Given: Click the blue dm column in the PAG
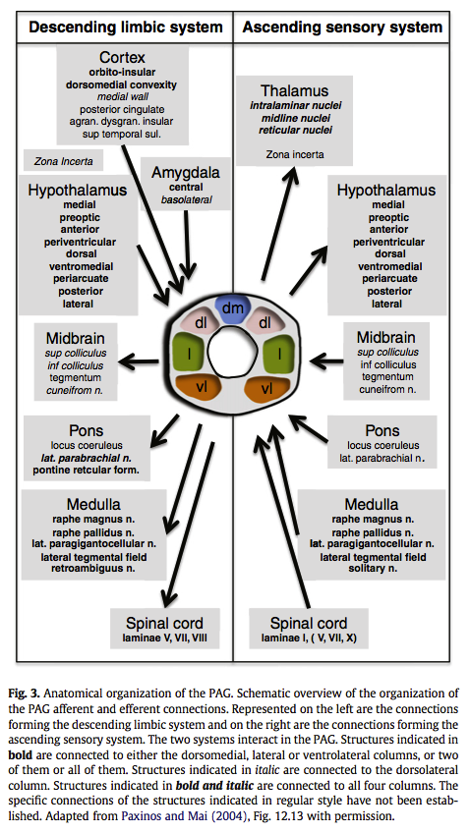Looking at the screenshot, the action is coord(231,309).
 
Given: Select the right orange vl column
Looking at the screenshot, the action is coord(268,388).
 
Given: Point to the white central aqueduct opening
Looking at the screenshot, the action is coord(232,352).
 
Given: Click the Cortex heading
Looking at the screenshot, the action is coord(122,57).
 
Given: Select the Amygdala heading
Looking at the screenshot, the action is coord(186,173).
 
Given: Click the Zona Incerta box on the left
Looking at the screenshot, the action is coord(63,160).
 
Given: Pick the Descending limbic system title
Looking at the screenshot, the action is coord(126,28).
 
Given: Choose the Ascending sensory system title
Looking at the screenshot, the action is coord(342,27).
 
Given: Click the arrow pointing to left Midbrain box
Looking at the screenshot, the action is coord(139,362).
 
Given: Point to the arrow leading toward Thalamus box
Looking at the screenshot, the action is coord(277,223).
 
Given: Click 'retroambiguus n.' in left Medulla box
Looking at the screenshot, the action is coord(93,568).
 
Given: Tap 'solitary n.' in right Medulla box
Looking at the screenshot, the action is coord(373,568).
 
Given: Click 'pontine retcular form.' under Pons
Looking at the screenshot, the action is coord(87,470).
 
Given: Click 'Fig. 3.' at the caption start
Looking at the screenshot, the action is coord(28,694).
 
